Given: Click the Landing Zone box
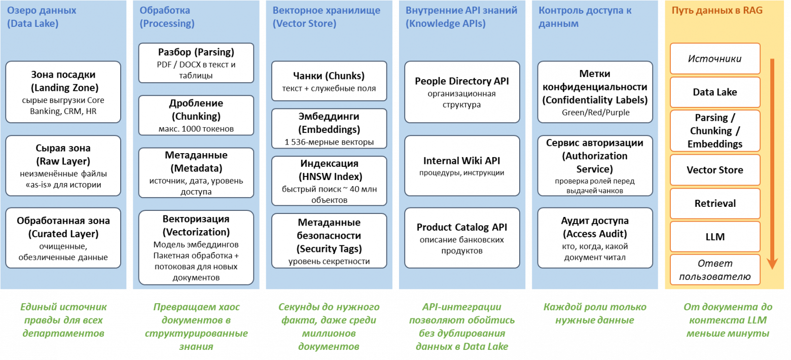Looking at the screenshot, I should tap(63, 92).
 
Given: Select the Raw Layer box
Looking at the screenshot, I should tap(63, 166).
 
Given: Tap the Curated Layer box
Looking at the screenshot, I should tap(63, 238).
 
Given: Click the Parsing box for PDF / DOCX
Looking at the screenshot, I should tap(196, 63).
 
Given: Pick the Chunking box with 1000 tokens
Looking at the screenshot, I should tap(196, 116).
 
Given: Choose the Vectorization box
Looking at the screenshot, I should tap(196, 247).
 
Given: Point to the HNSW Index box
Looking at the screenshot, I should tap(329, 181).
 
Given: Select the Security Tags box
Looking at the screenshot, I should tap(329, 241).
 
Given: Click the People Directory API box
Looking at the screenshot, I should tap(462, 92).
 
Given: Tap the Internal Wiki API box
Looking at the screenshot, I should tap(462, 166).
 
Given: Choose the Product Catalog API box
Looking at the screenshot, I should tap(462, 238).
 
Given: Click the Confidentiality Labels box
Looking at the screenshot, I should tap(595, 92).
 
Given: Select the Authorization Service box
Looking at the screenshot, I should tap(595, 166).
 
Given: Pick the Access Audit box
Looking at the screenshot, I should tap(595, 238).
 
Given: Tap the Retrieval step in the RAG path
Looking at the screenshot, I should tap(715, 203).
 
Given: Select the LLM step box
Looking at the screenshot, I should tap(715, 237).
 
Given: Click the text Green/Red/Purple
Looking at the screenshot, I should tap(595, 113).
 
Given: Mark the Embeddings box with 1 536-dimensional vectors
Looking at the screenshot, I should tap(329, 129).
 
